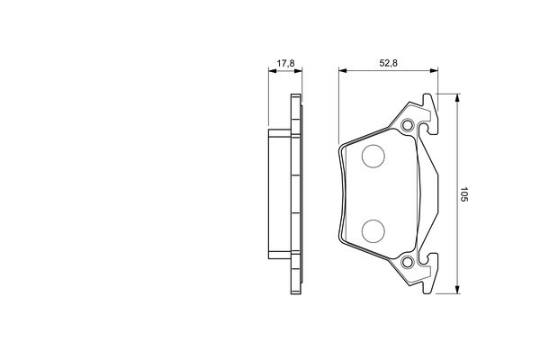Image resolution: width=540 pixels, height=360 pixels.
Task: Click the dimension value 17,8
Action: coord(285,63)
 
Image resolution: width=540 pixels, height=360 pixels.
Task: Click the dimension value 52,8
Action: coord(389,63)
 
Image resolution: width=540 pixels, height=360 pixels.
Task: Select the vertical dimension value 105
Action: coord(464,193)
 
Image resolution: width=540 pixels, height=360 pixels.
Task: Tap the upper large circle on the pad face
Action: coord(373,157)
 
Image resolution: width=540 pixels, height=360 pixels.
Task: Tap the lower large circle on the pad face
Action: coord(373,229)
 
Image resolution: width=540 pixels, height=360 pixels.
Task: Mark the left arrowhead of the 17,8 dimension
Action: coord(273,72)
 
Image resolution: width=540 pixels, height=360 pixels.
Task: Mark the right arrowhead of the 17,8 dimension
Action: coord(296,72)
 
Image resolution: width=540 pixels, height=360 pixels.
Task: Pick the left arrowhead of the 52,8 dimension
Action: coord(342,72)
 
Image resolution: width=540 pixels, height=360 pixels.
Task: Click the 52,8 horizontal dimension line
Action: coord(387,72)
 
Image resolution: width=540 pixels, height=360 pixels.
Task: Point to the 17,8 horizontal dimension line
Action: coord(284,72)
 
